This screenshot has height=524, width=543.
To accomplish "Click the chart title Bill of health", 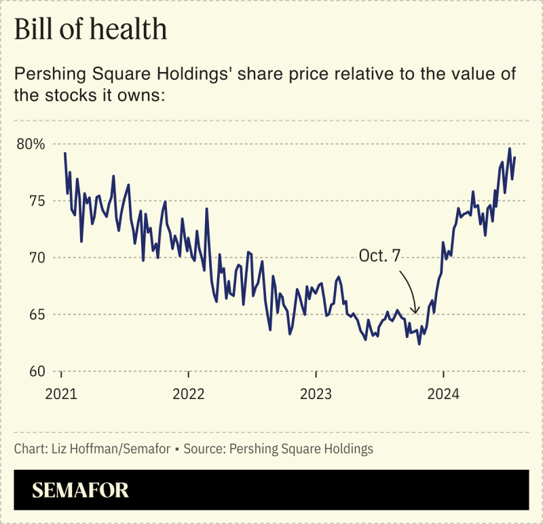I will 90,31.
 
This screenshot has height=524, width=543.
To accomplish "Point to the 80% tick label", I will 31,144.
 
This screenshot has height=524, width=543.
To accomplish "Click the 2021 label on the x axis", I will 62,394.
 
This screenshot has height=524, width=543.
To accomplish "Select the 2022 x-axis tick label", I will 189,394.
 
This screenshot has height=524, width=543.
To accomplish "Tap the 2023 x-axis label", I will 316,394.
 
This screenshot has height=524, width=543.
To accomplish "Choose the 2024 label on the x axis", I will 443,394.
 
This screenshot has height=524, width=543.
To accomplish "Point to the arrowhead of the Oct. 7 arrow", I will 417,312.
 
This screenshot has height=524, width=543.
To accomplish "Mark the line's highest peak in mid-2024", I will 510,148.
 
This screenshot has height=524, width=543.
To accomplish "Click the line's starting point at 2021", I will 64,153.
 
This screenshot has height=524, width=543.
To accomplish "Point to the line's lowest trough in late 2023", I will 419,344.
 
